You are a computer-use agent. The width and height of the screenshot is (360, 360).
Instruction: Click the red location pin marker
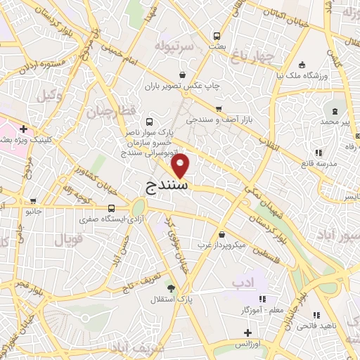click(x=181, y=166)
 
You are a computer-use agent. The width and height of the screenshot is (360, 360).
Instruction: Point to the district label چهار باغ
click(x=251, y=56)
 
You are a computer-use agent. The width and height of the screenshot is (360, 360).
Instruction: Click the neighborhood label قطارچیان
click(x=109, y=110)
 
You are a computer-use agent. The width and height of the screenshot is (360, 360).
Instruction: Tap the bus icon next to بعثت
click(x=217, y=35)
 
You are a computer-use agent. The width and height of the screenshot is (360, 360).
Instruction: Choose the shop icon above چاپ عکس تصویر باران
click(x=182, y=75)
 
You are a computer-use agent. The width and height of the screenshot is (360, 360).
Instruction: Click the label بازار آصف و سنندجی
click(x=219, y=120)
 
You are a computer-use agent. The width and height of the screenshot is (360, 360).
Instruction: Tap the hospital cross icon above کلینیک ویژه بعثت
click(x=24, y=129)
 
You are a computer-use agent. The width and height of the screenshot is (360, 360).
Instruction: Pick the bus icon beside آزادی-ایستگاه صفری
click(x=111, y=208)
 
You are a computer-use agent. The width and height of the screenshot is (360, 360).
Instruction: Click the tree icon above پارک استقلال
click(x=171, y=288)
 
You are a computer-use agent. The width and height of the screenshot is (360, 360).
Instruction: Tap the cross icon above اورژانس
click(x=246, y=333)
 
